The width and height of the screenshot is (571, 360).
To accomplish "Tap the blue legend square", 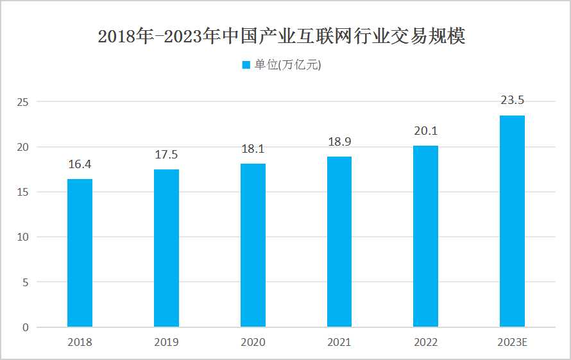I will click(246, 65).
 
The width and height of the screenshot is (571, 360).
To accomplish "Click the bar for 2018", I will click(80, 253).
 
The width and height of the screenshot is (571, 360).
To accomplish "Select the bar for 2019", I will click(166, 248).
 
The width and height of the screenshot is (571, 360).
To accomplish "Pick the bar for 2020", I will click(253, 245).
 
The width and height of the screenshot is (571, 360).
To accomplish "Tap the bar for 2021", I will click(339, 242).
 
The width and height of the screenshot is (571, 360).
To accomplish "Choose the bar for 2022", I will click(425, 236).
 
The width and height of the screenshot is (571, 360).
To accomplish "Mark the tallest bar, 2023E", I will click(512, 221).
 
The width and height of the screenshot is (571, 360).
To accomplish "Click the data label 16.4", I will click(80, 164).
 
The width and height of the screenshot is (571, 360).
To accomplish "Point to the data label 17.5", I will click(166, 155).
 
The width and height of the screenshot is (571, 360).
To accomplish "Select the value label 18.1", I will click(253, 149).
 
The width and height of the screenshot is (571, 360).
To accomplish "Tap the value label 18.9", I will click(339, 142).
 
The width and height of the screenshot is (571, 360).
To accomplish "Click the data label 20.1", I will click(425, 131).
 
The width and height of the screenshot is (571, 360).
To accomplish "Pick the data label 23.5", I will click(512, 100).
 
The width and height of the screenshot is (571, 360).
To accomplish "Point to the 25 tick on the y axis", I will click(23, 102).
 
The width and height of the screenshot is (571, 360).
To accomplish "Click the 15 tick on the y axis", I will click(23, 192).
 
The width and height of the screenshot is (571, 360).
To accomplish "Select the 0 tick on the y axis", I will click(26, 327).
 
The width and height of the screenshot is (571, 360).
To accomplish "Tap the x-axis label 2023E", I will click(512, 342).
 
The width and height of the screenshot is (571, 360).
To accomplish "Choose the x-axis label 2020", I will click(253, 342).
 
